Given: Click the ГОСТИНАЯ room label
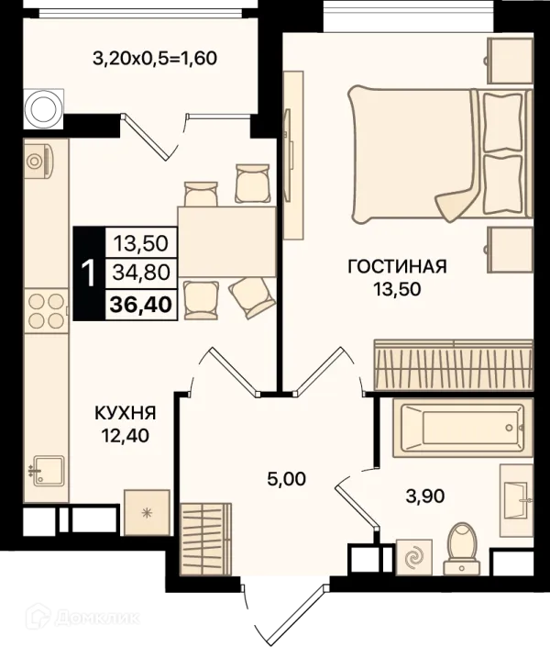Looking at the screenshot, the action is tap(397, 266).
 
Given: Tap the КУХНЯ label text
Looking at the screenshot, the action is tap(126, 413).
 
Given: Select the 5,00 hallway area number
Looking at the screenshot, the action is tap(287, 479).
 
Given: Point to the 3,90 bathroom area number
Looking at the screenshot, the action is tap(425, 496).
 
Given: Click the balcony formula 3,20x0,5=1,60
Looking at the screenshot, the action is tap(155, 58).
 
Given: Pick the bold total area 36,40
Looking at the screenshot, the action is tap(141, 305).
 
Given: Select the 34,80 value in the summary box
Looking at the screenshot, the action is tap(141, 273).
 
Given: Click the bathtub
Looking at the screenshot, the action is tap(458, 428).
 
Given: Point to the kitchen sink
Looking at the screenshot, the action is tap(48, 471).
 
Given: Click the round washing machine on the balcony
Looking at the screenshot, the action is tap(43, 109).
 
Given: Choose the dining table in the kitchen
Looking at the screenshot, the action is tap(226, 241).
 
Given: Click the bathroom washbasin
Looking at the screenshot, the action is tap(516, 499).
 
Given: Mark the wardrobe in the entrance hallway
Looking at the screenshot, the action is tap(205, 539).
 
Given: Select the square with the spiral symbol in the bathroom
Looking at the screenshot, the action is tap(414, 557).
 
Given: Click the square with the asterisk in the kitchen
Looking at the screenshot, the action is tap(147, 513).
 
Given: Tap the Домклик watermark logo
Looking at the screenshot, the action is tap(82, 618).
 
